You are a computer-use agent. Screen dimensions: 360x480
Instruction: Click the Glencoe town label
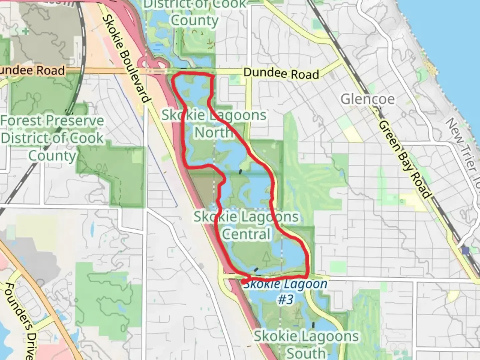tap(367, 99)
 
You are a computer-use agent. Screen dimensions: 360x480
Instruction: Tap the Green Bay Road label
tap(404, 159)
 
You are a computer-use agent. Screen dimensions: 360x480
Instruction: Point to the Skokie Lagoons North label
tap(214, 124)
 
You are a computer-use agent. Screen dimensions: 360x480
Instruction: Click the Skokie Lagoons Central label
tap(246, 225)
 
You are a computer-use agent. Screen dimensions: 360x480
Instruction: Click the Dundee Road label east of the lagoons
tap(281, 73)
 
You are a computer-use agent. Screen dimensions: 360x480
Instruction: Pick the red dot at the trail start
tap(244, 282)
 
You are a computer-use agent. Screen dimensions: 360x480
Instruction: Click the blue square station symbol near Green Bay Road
tap(466, 250)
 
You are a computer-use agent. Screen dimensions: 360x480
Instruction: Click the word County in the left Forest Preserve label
tap(52, 156)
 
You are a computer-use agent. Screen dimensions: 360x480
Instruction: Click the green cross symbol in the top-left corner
tap(25, 31)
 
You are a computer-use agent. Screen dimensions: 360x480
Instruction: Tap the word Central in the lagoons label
tap(246, 234)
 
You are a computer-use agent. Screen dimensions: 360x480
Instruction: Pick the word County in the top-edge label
tap(195, 20)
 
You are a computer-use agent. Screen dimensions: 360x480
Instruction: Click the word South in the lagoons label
tap(306, 353)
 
